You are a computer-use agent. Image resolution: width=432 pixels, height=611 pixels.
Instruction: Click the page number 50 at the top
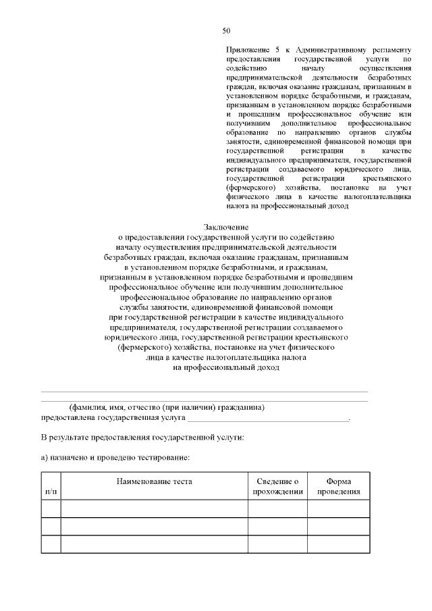pyautogui.click(x=226, y=30)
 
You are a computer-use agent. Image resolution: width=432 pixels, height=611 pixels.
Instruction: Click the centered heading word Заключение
pyautogui.click(x=226, y=228)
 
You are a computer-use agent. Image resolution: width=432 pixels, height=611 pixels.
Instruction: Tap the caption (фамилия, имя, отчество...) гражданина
pyautogui.click(x=166, y=408)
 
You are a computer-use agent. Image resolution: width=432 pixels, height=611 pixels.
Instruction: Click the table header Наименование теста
pyautogui.click(x=154, y=481)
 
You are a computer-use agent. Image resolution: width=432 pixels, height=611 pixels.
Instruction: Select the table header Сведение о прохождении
pyautogui.click(x=277, y=486)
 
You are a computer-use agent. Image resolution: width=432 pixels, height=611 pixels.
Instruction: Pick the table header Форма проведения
pyautogui.click(x=339, y=486)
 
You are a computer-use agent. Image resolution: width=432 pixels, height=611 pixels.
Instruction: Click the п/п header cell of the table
pyautogui.click(x=51, y=492)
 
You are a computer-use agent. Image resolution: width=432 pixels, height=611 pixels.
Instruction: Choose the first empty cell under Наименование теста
pyautogui.click(x=154, y=508)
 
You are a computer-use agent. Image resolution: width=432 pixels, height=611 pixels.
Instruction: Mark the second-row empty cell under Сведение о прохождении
pyautogui.click(x=277, y=526)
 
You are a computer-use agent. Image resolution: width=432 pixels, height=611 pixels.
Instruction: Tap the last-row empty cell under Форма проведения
pyautogui.click(x=339, y=543)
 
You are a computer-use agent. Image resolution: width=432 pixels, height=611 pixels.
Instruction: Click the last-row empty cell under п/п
pyautogui.click(x=51, y=543)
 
